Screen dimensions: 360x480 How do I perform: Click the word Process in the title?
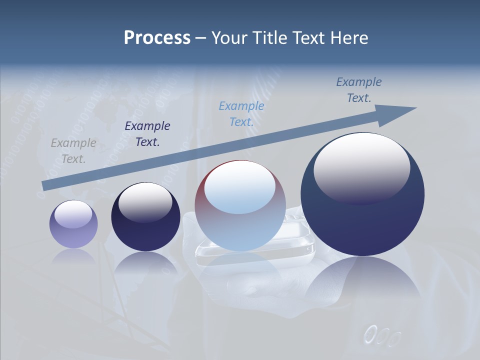[157, 38]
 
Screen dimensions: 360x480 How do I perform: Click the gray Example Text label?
[73, 150]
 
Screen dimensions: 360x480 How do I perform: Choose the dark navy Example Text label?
[147, 133]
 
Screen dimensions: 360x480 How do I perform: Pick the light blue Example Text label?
[241, 113]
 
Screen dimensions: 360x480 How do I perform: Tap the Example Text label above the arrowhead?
[359, 89]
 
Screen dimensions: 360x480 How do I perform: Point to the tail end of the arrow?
[45, 185]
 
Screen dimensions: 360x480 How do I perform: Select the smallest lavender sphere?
[73, 224]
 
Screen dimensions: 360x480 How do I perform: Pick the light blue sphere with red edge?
[240, 206]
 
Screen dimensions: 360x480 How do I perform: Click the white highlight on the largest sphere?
[361, 165]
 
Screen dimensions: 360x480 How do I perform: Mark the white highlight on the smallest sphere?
[73, 213]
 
